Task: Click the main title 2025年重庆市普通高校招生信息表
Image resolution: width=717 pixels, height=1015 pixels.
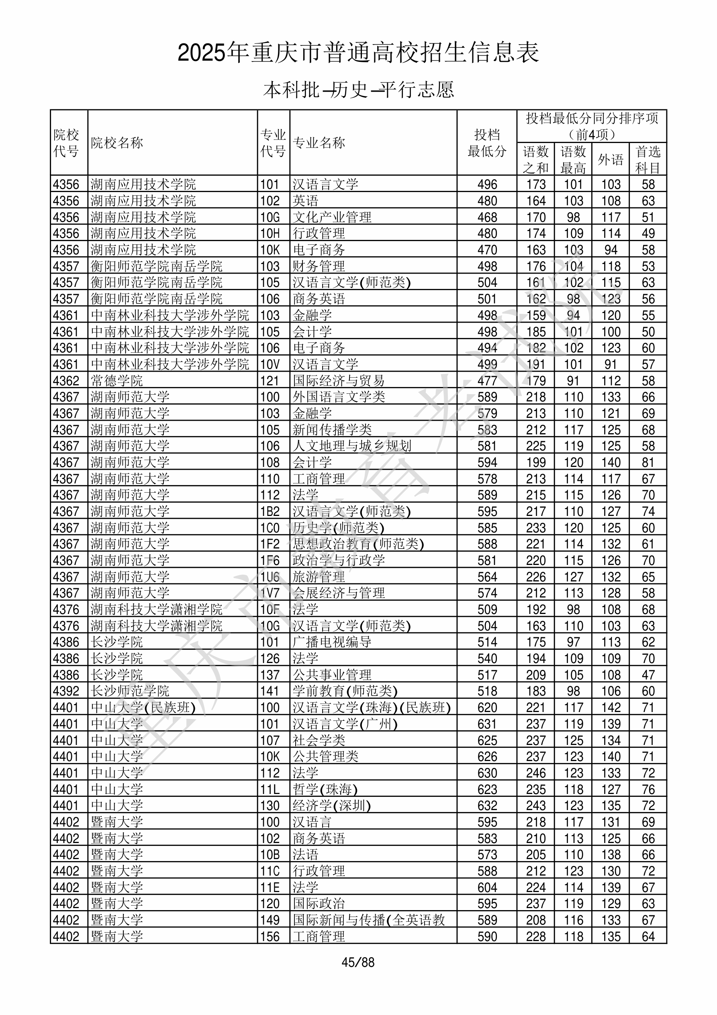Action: coord(358,53)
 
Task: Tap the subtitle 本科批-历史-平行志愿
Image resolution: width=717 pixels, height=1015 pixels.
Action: coord(358,90)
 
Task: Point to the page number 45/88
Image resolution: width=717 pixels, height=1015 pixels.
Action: coord(358,962)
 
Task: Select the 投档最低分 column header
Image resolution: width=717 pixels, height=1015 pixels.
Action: coord(487,143)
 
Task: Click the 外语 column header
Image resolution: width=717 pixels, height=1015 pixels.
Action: coord(611,159)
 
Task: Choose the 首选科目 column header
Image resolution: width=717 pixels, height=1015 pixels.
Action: coord(648,159)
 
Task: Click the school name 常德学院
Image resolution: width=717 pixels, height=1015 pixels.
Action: coord(117,381)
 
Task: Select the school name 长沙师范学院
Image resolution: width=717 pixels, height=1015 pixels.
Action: coord(130,691)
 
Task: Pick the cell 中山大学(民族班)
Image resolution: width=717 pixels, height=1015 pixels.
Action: coord(143,707)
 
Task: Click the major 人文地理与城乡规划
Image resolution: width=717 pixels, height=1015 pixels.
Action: coord(352,446)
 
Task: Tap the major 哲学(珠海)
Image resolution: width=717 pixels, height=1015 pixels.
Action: coord(325,789)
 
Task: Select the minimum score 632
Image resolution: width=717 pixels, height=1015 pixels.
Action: coord(487,806)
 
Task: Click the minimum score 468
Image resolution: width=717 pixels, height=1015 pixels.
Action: coord(487,217)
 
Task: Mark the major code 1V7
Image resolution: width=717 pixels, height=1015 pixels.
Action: coord(270,593)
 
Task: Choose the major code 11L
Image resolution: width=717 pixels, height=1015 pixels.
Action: coord(270,789)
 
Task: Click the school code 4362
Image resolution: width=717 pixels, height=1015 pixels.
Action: coord(66,381)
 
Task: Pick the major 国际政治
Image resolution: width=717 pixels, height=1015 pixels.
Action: coord(319,904)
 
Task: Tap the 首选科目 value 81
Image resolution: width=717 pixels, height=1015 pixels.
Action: coord(648,462)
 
